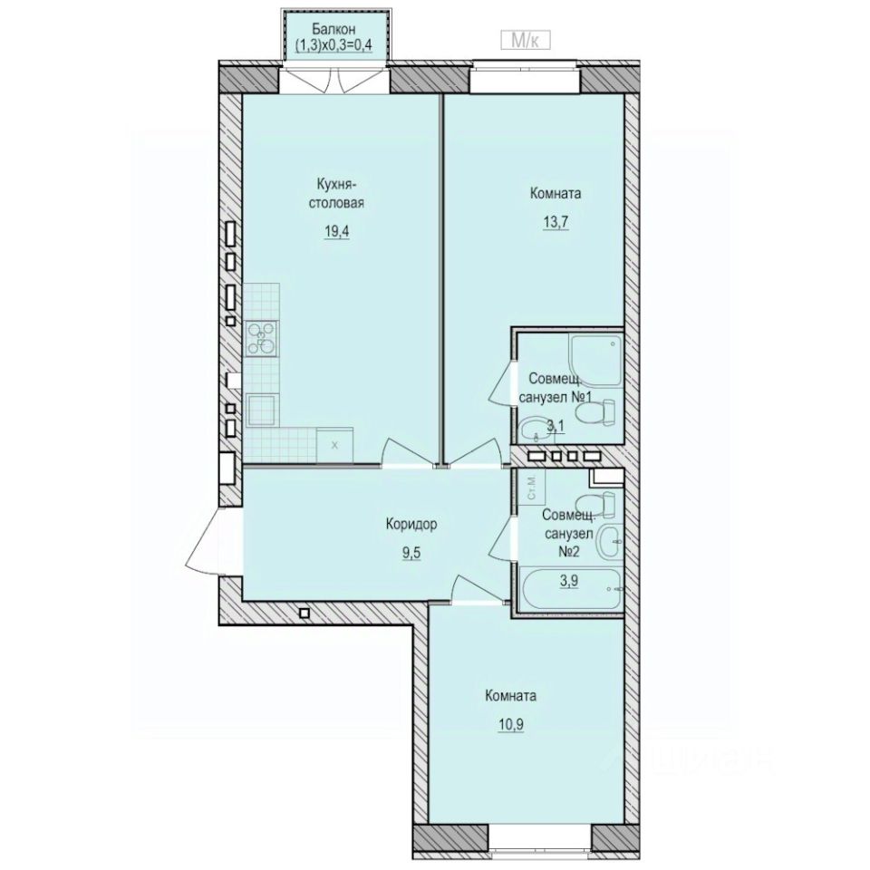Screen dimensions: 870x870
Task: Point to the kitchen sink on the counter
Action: [264, 411]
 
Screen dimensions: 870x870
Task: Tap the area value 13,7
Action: [555, 221]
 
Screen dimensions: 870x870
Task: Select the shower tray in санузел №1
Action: [594, 357]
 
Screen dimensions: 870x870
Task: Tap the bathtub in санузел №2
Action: [570, 589]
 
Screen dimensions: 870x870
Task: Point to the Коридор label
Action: [411, 524]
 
